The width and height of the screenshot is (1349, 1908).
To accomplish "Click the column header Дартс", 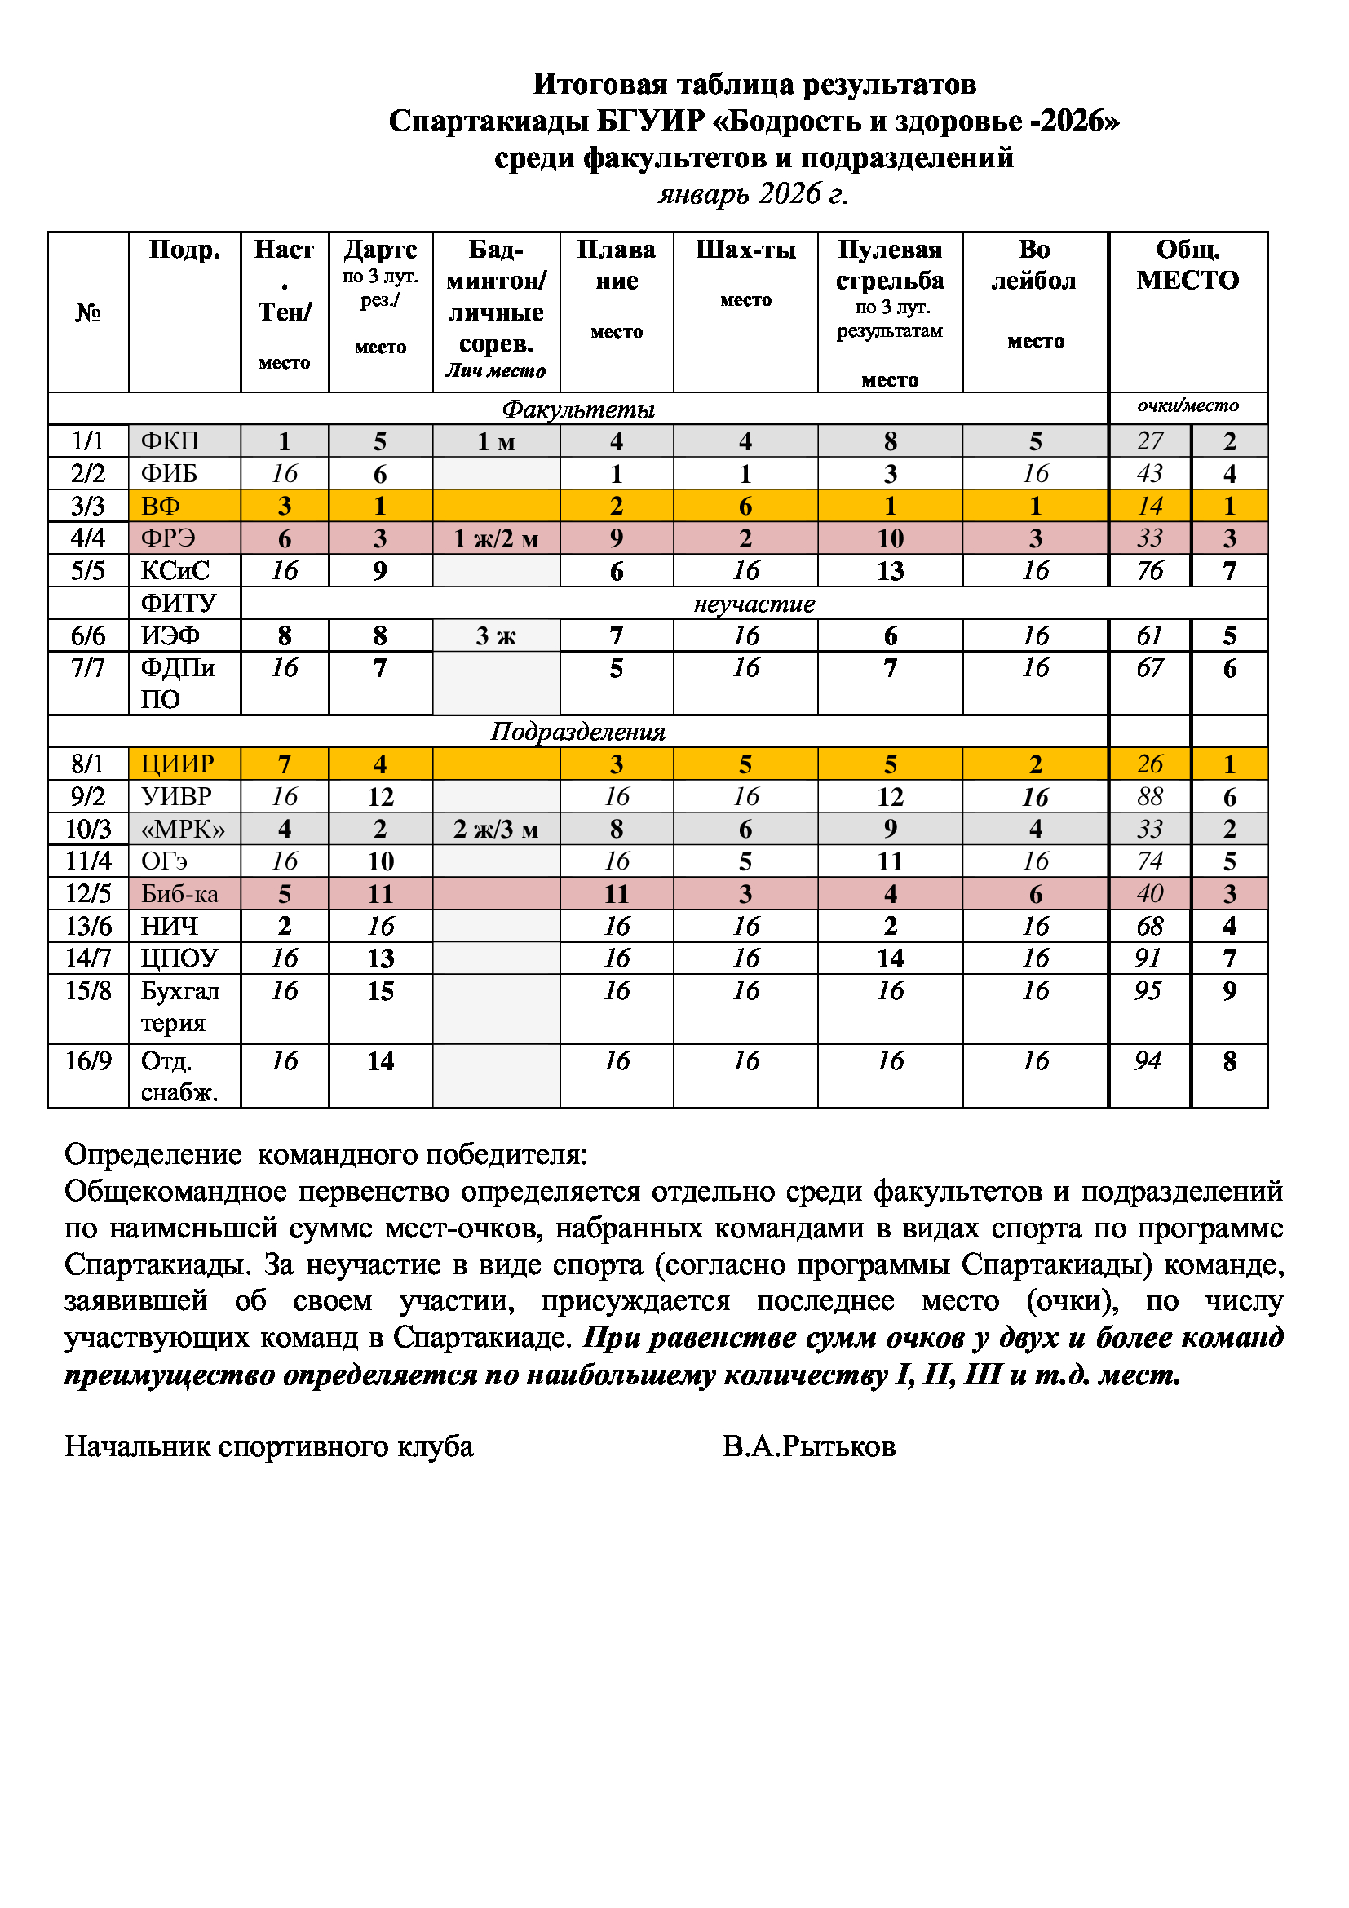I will coord(379,250).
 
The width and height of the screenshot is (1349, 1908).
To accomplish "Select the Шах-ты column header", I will coord(745,250).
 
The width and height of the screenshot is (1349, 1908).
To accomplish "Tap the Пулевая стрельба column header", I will coord(890,265).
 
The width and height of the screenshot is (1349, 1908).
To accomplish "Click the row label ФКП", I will coord(170,441).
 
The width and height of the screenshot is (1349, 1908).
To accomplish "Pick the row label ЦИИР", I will coord(177,764).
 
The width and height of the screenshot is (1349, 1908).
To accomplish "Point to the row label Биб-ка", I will coord(179,894).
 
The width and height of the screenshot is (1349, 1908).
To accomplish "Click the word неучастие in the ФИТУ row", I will coord(754,604).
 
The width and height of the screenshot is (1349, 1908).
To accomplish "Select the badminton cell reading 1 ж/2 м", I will coord(496,538).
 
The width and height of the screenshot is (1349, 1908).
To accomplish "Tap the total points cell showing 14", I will coord(1150,506).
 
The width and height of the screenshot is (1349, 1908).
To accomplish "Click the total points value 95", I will coord(1148,990).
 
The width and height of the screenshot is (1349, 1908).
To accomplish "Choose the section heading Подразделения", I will coord(577,731).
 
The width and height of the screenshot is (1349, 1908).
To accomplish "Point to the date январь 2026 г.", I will coord(753,193).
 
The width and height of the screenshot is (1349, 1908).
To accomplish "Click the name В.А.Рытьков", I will coord(808,1447).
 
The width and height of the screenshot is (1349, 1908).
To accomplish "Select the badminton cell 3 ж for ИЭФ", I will coord(496,635).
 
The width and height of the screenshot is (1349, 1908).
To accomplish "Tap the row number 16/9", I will coord(88,1060).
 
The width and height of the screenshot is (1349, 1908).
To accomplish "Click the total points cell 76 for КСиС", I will coord(1150,571).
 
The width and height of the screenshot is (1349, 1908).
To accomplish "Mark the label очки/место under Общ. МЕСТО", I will coord(1187,405).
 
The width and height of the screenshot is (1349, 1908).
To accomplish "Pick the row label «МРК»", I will coord(183,830).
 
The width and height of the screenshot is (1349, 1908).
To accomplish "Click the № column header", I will coord(88,312).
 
